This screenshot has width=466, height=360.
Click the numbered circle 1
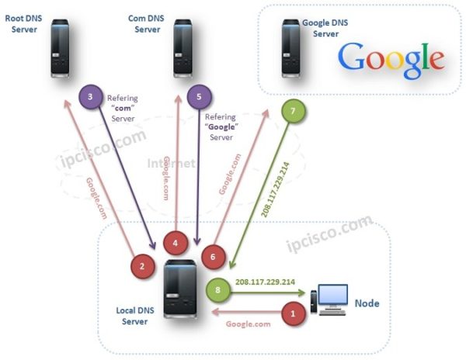click(293, 314)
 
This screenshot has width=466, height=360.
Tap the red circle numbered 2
click(142, 266)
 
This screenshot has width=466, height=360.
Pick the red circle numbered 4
click(176, 244)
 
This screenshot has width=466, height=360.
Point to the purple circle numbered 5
click(199, 97)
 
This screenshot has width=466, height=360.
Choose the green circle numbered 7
click(292, 112)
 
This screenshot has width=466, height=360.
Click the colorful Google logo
click(391, 59)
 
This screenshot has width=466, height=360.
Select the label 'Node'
click(367, 303)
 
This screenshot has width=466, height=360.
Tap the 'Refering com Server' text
click(122, 109)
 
